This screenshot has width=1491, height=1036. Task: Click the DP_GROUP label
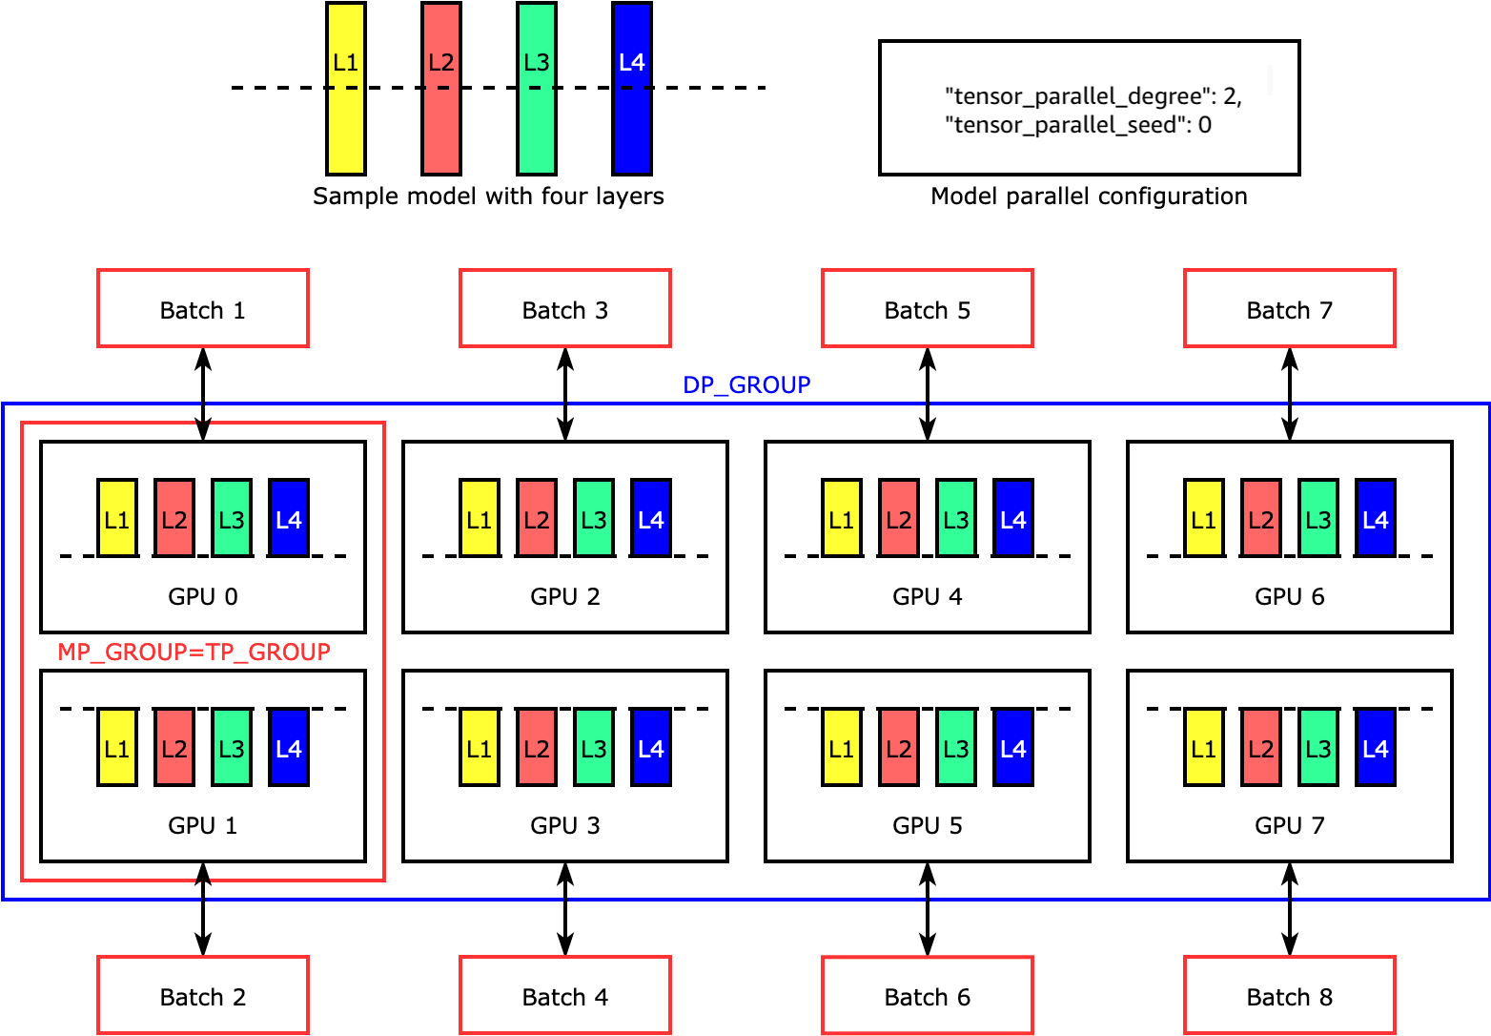click(746, 385)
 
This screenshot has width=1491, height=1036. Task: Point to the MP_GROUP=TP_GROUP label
click(194, 653)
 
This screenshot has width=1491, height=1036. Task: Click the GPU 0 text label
click(203, 597)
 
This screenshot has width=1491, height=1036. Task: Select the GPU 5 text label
click(928, 826)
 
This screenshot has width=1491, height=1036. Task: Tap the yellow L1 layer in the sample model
click(346, 89)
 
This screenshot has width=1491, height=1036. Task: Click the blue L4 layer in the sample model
click(632, 89)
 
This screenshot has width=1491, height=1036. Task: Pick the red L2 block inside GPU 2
click(537, 518)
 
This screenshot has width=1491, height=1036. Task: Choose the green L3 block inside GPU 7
click(1318, 747)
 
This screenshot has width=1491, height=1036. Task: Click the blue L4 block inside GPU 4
click(1013, 518)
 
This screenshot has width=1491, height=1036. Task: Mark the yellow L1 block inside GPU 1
click(117, 747)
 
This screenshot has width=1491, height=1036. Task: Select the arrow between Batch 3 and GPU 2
click(565, 394)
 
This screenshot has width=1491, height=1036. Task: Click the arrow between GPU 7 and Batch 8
click(1290, 909)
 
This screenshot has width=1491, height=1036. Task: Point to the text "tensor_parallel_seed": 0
click(1078, 125)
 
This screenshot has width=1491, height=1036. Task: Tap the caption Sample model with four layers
click(488, 197)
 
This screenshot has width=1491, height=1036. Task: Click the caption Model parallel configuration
click(1089, 197)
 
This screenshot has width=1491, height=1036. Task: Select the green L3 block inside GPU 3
click(594, 747)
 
